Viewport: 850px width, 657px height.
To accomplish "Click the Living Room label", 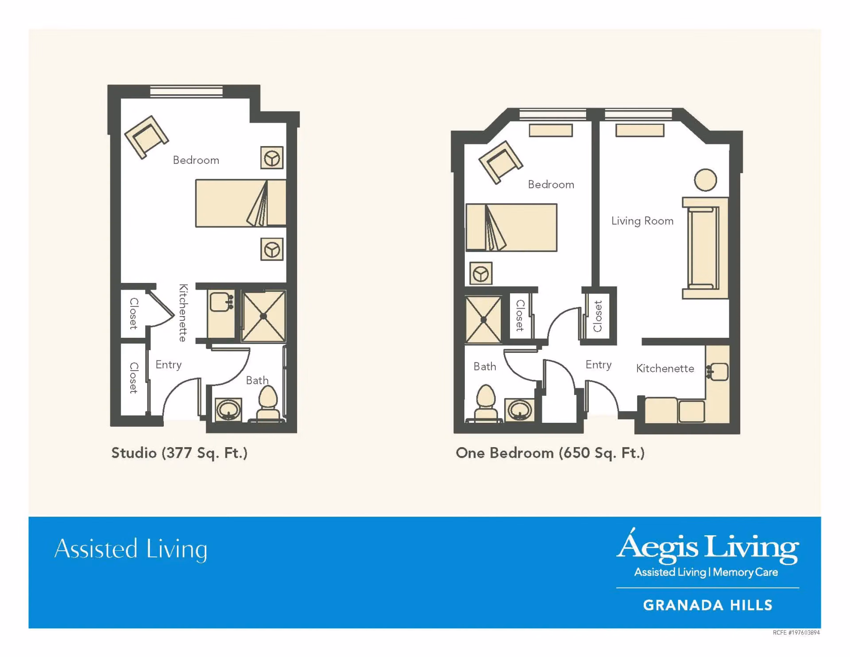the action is pos(642,221).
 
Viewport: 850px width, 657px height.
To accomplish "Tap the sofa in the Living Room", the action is pos(705,248).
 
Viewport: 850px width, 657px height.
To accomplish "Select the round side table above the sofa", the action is pos(705,180).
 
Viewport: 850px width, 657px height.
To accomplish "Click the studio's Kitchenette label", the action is pos(183,313).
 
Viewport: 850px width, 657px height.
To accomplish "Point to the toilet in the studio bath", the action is pos(268,403).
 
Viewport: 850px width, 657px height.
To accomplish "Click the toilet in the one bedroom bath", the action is pos(486,402).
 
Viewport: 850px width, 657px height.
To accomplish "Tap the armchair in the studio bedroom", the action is pos(147,137).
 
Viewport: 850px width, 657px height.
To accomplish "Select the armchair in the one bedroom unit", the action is pos(501,162).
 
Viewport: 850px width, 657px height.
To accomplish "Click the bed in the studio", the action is pos(241,203).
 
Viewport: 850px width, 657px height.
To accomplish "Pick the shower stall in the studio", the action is pos(263,316).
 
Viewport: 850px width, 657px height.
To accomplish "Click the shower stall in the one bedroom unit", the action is pos(483,319).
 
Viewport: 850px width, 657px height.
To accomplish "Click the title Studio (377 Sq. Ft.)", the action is pos(179,453).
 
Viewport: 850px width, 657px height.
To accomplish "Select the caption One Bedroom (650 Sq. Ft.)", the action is pos(550,453).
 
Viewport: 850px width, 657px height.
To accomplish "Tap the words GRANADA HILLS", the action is pos(707,605).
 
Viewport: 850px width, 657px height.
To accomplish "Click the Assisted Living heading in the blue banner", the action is pos(131,549).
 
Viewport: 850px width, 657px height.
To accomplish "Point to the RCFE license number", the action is pos(796,633).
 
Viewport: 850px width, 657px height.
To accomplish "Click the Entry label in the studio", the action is pos(168,365).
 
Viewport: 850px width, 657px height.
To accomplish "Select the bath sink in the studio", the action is pos(228,410).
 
